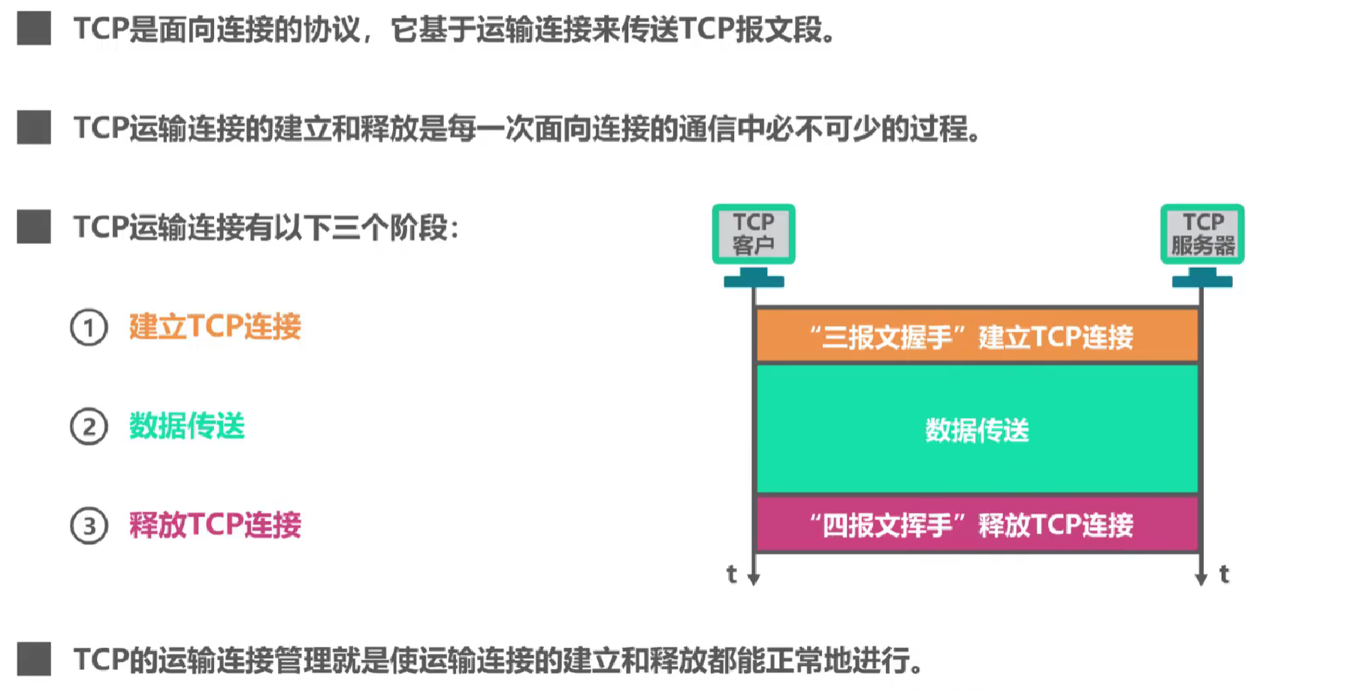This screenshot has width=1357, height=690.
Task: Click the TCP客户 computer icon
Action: (x=754, y=235)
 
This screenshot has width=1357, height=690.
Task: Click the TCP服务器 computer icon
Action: (x=1202, y=235)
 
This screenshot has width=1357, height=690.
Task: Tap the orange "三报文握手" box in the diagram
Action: (x=977, y=336)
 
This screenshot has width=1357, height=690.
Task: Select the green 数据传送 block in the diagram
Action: (x=977, y=429)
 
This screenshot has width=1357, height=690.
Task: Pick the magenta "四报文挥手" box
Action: (x=977, y=525)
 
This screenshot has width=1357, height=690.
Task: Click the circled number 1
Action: (x=89, y=328)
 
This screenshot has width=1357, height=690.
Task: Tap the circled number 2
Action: (x=89, y=427)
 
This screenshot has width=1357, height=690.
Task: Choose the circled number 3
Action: (x=89, y=526)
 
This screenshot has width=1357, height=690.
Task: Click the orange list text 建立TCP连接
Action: (x=215, y=327)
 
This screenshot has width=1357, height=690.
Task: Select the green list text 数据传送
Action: (x=187, y=426)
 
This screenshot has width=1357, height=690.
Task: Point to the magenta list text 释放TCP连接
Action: (x=215, y=525)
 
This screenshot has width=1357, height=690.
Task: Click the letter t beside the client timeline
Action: (x=732, y=574)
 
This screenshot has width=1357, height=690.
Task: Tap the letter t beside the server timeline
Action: (x=1224, y=574)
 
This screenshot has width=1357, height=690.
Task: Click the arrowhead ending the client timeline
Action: (x=754, y=579)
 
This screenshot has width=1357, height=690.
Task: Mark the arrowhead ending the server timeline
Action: (x=1201, y=579)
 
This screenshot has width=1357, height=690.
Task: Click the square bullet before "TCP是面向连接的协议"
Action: (x=34, y=29)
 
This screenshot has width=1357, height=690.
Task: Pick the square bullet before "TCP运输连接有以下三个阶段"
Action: (x=34, y=227)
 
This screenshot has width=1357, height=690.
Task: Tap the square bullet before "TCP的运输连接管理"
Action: (x=34, y=659)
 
